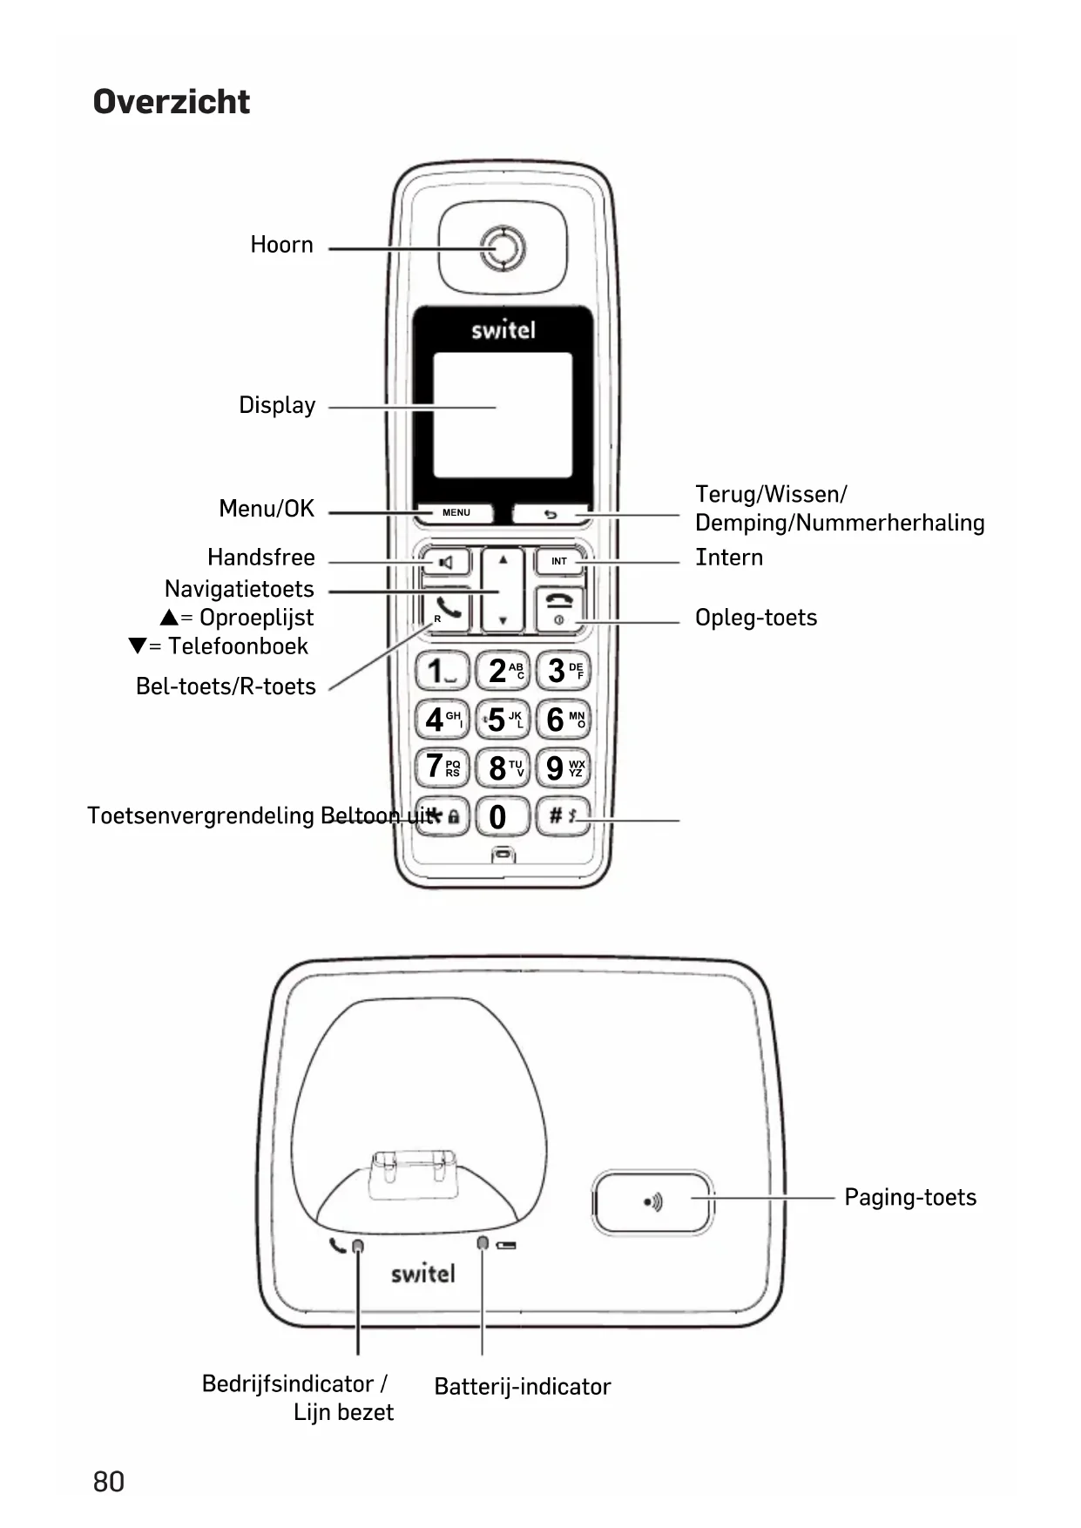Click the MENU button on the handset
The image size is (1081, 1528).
(456, 513)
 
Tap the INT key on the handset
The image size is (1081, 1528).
(559, 562)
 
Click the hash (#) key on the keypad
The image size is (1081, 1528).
(562, 817)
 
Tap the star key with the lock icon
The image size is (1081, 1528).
(443, 817)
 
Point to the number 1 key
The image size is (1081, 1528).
(442, 672)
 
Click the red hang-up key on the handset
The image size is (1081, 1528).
(559, 608)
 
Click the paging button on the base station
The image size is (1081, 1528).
(652, 1202)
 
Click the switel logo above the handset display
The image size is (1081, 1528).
(503, 330)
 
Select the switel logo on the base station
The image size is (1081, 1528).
(423, 1274)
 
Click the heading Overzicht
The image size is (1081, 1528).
(172, 102)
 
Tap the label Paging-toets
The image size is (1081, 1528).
(910, 1198)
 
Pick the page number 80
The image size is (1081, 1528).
(109, 1482)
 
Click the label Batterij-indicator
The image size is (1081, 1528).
(523, 1387)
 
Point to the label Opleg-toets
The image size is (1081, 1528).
(756, 618)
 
